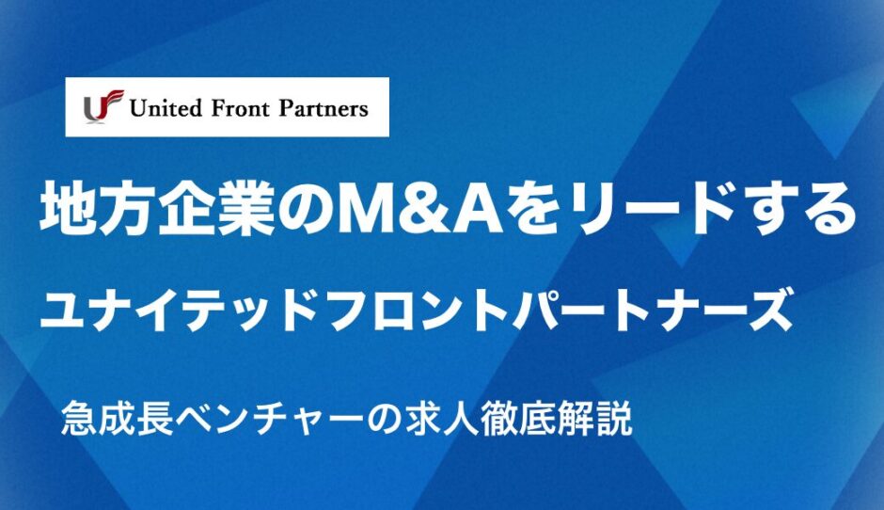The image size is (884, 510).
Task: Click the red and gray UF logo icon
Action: [103, 106]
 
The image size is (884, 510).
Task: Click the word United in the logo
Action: [166, 108]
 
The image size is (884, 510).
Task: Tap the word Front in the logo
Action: [240, 108]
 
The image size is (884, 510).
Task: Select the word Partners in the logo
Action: [324, 108]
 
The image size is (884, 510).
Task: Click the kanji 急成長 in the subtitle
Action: [117, 418]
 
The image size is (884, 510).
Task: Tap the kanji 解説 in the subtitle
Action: [595, 418]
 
